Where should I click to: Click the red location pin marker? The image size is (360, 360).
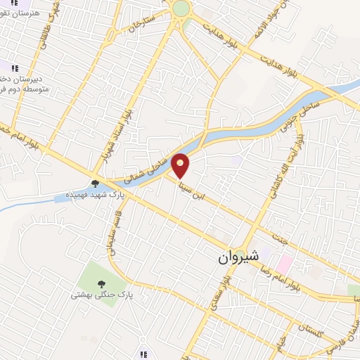coord(181,165)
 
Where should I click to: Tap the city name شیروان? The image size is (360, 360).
coord(239,257)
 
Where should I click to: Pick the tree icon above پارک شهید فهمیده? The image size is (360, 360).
coord(95,184)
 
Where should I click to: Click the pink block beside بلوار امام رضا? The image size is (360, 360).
coord(284,264)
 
